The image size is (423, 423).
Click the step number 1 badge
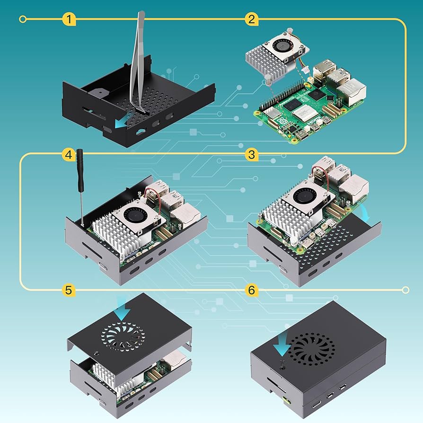pyautogui.click(x=69, y=19)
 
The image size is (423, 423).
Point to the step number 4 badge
pyautogui.click(x=69, y=154)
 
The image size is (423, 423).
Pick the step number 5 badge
pyautogui.click(x=69, y=290)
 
